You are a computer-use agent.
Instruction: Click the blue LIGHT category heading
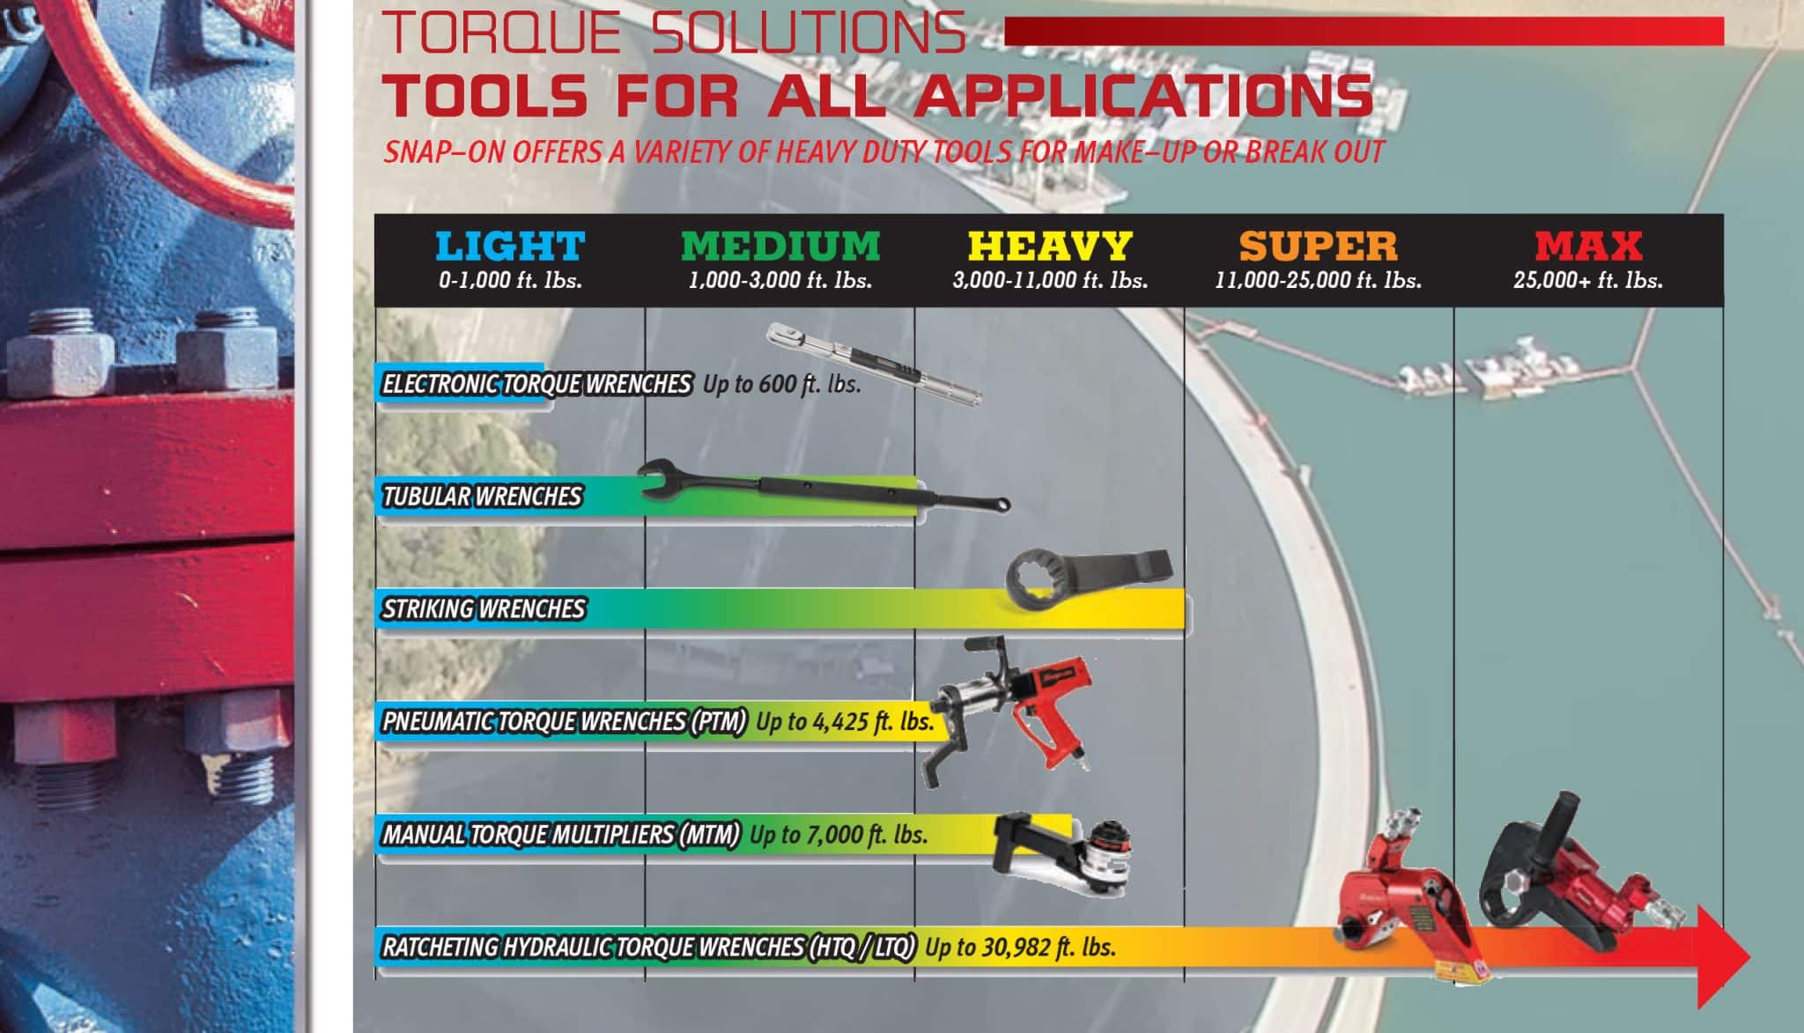[x=510, y=246]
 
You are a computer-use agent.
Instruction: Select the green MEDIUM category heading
[x=780, y=246]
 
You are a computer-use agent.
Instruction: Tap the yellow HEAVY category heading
[x=1050, y=246]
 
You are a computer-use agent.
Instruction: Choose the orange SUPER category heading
[x=1319, y=246]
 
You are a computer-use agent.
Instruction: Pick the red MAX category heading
[x=1588, y=246]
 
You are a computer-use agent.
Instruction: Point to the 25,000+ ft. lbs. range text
[x=1588, y=281]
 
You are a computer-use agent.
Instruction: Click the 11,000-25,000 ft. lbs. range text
[x=1319, y=281]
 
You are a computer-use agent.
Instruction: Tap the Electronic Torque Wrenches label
[x=536, y=384]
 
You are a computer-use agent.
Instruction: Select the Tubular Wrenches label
[x=482, y=497]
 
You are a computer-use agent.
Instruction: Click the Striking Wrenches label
[x=484, y=609]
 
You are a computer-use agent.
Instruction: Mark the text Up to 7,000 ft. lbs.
[x=839, y=834]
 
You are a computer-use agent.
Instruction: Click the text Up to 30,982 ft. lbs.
[x=1021, y=947]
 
